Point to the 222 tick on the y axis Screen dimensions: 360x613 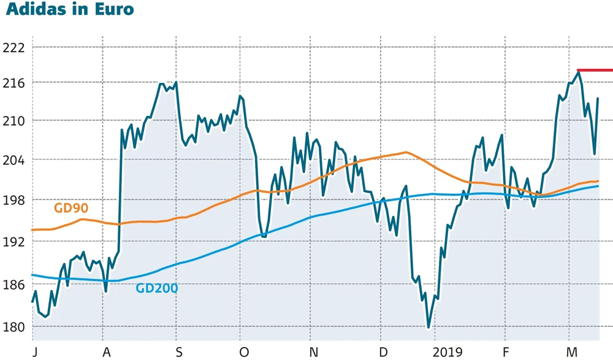(13, 48)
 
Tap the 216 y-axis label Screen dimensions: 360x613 (13, 83)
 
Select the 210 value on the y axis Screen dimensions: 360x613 (13, 121)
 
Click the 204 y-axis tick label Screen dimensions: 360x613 (13, 161)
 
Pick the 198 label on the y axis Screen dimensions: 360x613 (13, 201)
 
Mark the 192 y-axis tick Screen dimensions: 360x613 (13, 242)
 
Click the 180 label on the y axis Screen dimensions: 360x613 (13, 327)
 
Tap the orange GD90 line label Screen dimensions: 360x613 (71, 208)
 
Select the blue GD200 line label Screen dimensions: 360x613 (157, 288)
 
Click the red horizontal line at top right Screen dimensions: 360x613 (595, 71)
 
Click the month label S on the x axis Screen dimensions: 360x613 (179, 352)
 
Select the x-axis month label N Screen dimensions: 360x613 (314, 352)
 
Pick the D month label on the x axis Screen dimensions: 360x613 (384, 352)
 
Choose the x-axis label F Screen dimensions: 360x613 (506, 352)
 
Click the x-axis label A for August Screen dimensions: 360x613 (107, 352)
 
